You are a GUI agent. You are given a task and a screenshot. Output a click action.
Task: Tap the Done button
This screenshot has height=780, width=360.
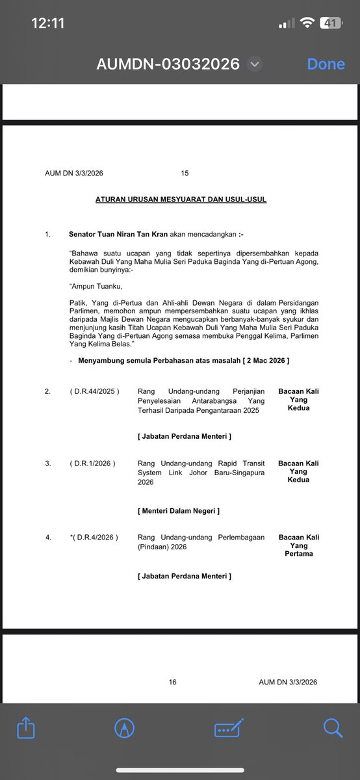coord(326,64)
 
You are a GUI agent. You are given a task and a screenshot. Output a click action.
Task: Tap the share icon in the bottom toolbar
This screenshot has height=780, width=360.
coord(26,727)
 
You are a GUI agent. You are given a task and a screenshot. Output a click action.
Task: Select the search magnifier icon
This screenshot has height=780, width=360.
coord(333,727)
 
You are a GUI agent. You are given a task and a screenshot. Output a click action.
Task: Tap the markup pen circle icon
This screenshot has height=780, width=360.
coord(123,727)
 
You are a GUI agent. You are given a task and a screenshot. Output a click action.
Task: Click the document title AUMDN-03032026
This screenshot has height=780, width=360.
coord(168,64)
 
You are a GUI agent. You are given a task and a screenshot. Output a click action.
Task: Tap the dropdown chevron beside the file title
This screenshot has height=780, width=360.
coord(255,64)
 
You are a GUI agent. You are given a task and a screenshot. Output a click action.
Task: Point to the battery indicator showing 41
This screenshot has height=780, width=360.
coord(331,23)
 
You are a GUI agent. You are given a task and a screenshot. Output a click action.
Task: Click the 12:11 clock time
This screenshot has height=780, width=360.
coord(48,23)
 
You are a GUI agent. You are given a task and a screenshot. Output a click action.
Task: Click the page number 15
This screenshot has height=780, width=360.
coord(185,174)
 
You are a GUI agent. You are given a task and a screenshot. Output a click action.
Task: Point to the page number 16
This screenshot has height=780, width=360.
coord(172,682)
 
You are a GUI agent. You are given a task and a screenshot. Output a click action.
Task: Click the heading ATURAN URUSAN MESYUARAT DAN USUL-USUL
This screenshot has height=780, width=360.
coord(181,200)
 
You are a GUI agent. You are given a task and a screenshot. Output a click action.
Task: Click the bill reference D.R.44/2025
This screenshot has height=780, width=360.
coord(94,391)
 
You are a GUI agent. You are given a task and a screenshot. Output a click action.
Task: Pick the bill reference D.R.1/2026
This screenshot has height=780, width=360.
coord(92,463)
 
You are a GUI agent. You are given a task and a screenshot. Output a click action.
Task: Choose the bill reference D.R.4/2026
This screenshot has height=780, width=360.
coord(95,538)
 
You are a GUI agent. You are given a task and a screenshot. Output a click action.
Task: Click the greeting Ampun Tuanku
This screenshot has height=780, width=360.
coord(96,286)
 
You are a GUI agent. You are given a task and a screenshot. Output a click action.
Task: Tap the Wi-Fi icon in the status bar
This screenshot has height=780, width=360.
coord(306,23)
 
